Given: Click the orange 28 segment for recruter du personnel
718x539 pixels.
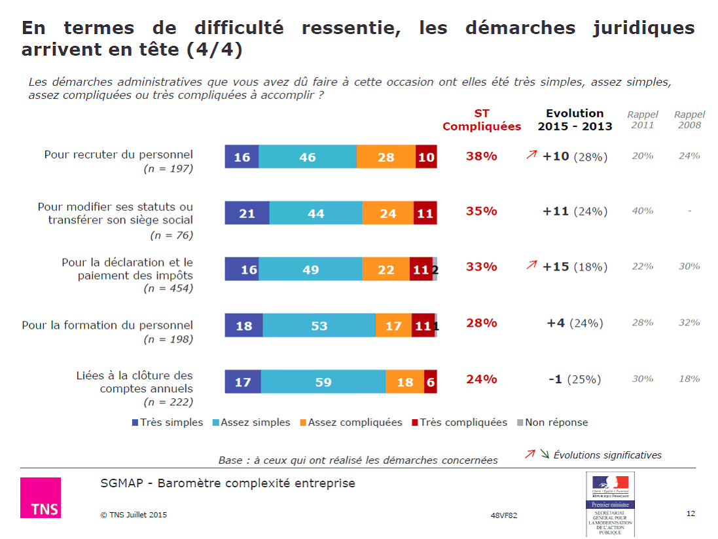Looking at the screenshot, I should (x=386, y=157).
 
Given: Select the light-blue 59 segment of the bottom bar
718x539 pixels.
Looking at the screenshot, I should (x=323, y=382).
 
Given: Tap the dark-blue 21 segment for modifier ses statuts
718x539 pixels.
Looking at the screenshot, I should (x=247, y=214).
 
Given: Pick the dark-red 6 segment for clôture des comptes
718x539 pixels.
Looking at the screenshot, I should (x=431, y=382).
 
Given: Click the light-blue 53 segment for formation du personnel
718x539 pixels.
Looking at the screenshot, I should (x=319, y=325).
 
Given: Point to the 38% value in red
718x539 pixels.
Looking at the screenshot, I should (x=482, y=157).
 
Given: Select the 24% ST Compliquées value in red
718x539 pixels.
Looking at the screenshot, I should (x=482, y=379).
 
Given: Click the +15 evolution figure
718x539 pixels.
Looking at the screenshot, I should (x=556, y=267).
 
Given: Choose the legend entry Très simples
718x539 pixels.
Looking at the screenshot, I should (x=168, y=422).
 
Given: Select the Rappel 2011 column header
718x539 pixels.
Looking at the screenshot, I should (x=642, y=120).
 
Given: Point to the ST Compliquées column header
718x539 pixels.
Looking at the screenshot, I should (x=482, y=121).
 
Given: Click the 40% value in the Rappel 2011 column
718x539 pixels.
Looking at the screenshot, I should (x=642, y=211).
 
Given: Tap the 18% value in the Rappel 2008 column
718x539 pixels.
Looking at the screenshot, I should (x=689, y=379).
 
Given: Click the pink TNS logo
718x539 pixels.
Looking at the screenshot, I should (x=41, y=498).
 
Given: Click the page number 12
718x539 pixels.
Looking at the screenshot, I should (x=691, y=513).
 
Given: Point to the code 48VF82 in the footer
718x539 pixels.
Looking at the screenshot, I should (x=503, y=515).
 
